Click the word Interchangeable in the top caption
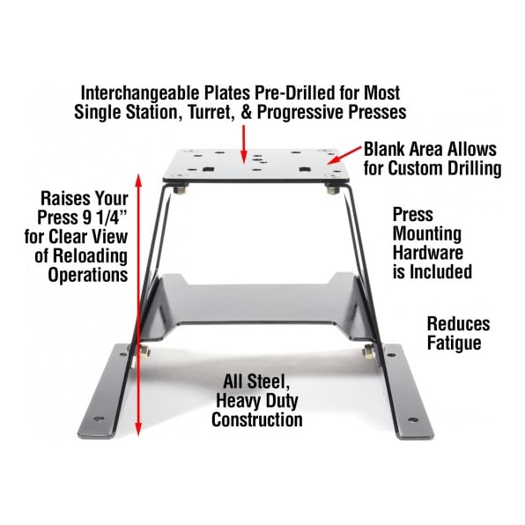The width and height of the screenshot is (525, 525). point(140,93)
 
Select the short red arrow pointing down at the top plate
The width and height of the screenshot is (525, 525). point(244,143)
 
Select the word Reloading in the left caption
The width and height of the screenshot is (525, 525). point(90,256)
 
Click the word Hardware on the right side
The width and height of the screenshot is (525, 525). point(427,253)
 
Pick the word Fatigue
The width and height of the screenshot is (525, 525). point(454,344)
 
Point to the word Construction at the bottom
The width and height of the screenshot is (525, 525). point(257,419)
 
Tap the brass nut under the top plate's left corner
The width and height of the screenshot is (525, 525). point(180,190)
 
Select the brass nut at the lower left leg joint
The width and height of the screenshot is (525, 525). point(144,351)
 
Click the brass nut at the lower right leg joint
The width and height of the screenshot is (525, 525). point(369,351)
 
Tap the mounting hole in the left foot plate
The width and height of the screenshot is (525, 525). point(100,418)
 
